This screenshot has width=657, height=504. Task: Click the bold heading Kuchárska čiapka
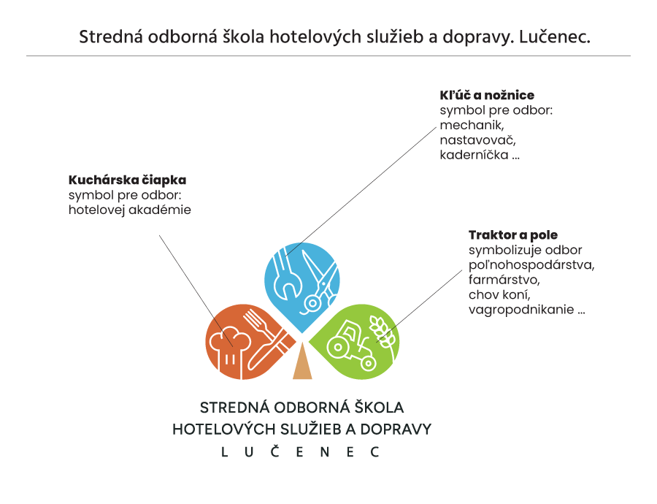[127, 180]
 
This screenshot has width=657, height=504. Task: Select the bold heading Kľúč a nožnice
[487, 95]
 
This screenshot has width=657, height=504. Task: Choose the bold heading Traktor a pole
[513, 234]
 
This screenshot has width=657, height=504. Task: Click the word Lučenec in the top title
[555, 37]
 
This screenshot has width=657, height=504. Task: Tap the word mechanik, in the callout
[472, 125]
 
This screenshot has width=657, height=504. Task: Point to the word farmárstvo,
[504, 280]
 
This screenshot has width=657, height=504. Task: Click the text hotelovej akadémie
[130, 210]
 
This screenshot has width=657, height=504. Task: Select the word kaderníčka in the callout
[474, 155]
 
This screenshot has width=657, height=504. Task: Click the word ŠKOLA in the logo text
[379, 407]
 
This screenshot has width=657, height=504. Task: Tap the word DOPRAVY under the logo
[396, 429]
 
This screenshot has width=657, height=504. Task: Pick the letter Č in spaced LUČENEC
[275, 451]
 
